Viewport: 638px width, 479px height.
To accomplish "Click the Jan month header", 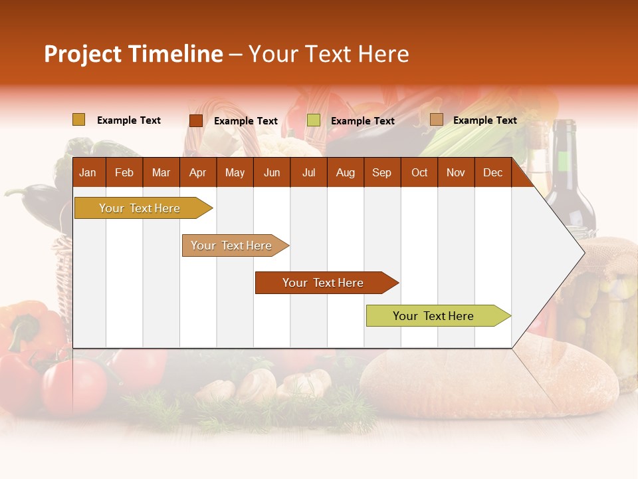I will (x=88, y=172).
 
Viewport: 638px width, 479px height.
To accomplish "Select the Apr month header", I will (x=197, y=172).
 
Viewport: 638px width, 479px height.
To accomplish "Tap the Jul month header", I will (x=308, y=172).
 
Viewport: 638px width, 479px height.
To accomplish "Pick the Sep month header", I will (x=381, y=172).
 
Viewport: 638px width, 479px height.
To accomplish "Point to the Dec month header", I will (x=492, y=172).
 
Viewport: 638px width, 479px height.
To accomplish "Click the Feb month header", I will (x=124, y=172).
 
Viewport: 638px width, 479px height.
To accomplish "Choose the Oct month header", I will (x=419, y=172).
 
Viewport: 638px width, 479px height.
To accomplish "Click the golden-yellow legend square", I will (x=78, y=120).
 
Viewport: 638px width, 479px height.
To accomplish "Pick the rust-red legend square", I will (x=195, y=120).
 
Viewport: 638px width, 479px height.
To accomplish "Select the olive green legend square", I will (x=314, y=120).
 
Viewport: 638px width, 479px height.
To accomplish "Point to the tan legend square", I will (x=436, y=120).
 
